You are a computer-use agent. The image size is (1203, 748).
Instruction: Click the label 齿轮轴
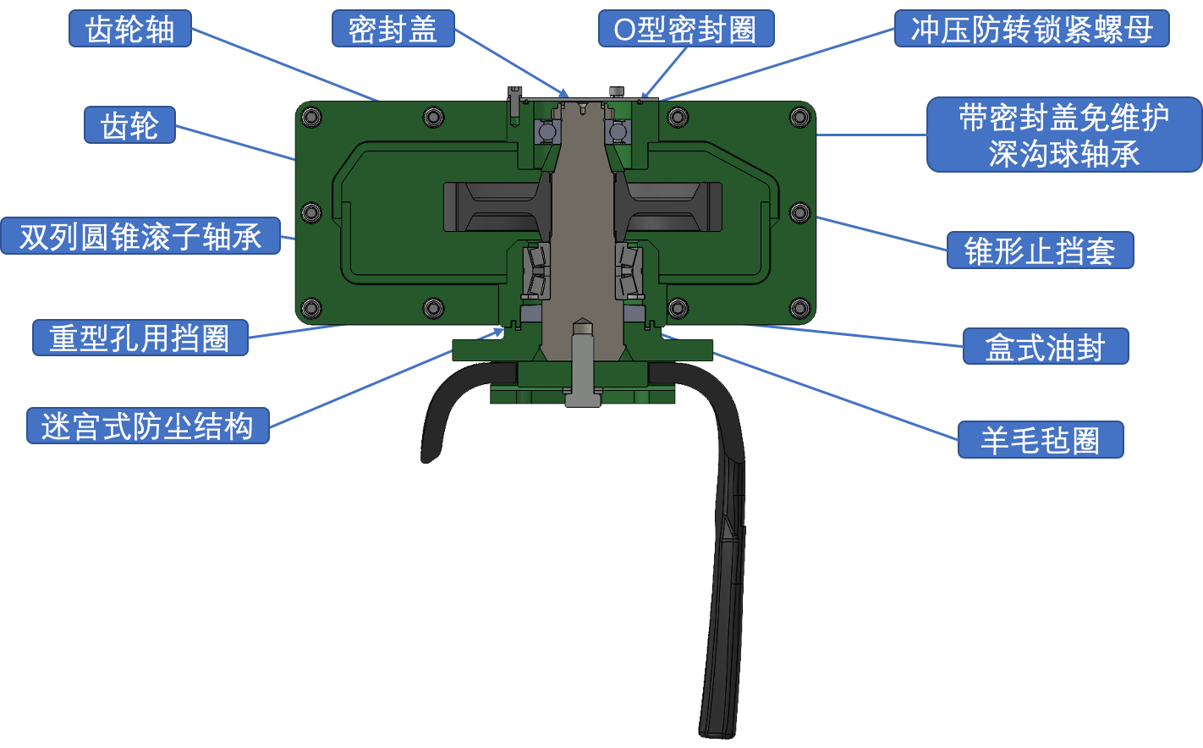tap(129, 30)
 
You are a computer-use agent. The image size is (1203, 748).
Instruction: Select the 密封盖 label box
tap(393, 30)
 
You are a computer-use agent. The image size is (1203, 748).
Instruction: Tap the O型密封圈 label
tap(685, 30)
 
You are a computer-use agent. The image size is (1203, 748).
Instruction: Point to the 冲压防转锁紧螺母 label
tap(1031, 30)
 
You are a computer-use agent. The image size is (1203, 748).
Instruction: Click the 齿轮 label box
tap(129, 125)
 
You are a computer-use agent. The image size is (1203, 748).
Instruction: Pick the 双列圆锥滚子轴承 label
tap(140, 236)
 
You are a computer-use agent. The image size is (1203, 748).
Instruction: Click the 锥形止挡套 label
tap(1040, 250)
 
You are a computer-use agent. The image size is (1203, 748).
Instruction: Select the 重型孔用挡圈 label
tap(140, 338)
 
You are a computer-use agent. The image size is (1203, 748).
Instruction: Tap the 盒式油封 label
tap(1045, 347)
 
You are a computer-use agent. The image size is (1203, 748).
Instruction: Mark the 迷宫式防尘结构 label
tap(147, 426)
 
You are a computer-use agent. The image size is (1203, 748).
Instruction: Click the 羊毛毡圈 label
tap(1040, 440)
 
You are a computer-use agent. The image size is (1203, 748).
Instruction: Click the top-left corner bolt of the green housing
tap(310, 116)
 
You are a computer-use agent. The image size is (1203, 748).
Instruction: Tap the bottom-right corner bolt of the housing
tap(799, 306)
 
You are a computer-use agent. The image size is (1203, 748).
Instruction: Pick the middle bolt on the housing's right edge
tap(799, 212)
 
